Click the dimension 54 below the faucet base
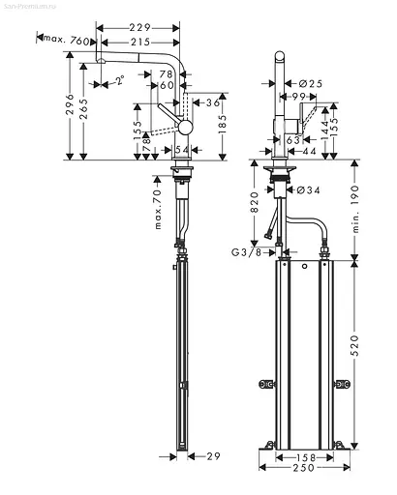pyautogui.click(x=181, y=148)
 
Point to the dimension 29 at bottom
pyautogui.click(x=215, y=454)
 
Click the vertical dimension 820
pyautogui.click(x=255, y=200)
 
